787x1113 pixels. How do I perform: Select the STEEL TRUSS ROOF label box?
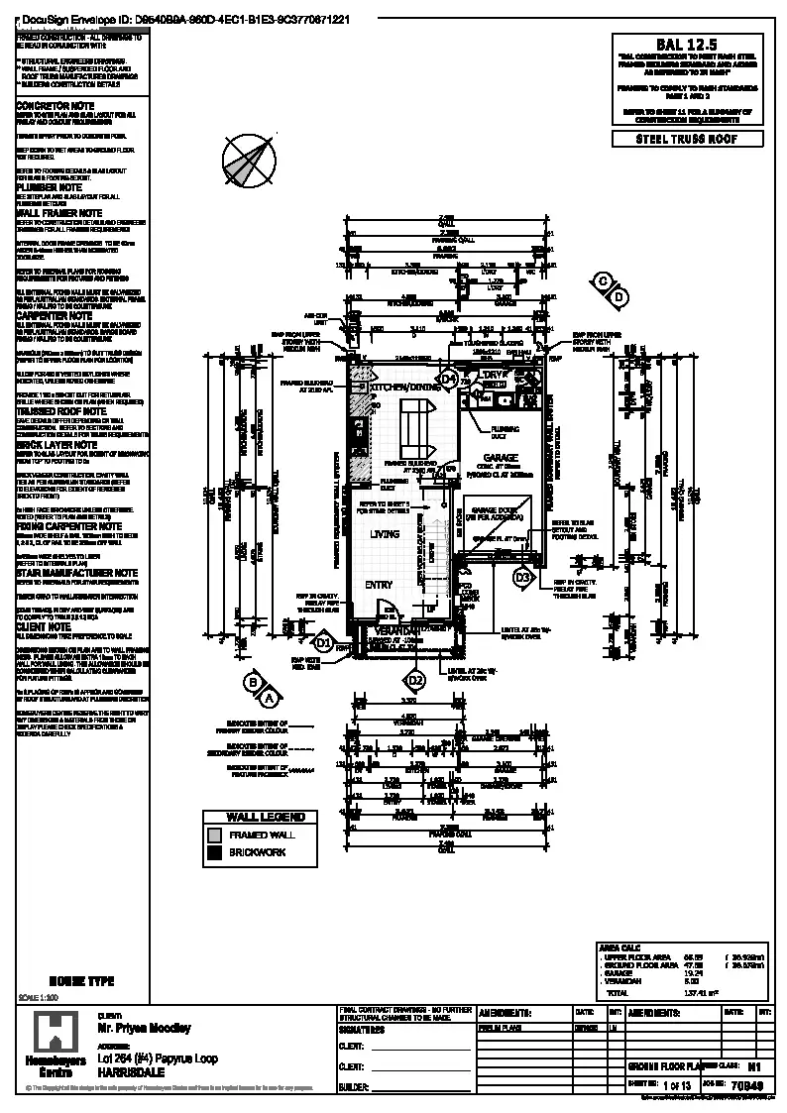pos(687,139)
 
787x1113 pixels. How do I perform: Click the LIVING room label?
pos(385,534)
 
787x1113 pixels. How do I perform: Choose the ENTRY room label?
pos(378,585)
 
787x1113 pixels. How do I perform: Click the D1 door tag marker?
pos(323,642)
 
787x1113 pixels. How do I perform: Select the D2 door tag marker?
pos(416,680)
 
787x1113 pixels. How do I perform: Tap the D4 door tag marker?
pos(448,379)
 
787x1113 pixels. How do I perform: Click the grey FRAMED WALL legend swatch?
pos(215,835)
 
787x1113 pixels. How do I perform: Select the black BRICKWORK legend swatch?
pos(215,851)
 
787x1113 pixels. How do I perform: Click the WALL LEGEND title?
pos(260,818)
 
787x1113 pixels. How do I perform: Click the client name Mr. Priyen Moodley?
pos(144,1029)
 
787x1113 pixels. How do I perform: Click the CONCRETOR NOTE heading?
pos(56,105)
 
